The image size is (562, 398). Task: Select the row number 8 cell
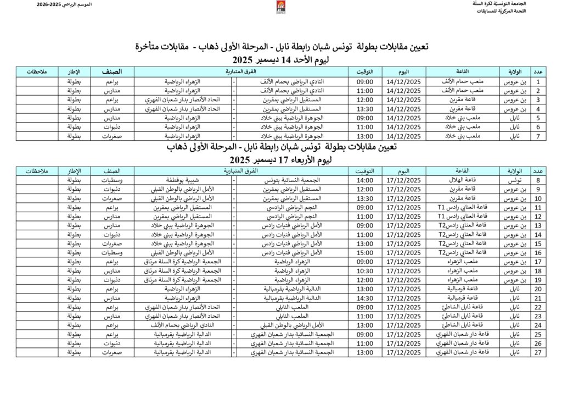click(x=539, y=180)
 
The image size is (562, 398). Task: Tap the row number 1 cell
click(x=539, y=81)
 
